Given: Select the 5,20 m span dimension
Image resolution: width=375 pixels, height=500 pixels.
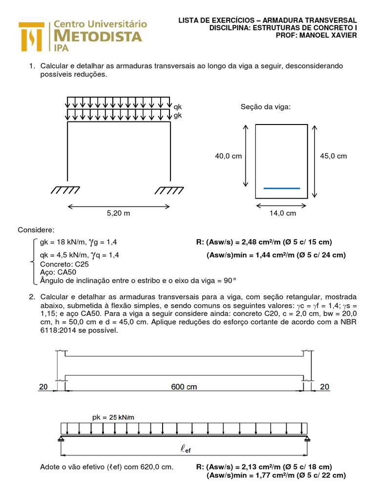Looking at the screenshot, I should pos(119,213).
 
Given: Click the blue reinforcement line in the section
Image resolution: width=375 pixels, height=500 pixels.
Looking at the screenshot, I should pos(282,188).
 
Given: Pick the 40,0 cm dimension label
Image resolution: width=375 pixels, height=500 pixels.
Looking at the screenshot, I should pos(229,156).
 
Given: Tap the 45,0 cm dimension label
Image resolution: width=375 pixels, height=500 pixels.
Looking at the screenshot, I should pos(333,156).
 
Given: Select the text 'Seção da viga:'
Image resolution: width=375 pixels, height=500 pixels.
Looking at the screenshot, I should pos(266,106).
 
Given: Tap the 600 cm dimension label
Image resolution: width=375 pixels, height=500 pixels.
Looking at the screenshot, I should pos(184,387).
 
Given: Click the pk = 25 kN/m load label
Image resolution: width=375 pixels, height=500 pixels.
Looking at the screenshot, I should pos(113,417).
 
